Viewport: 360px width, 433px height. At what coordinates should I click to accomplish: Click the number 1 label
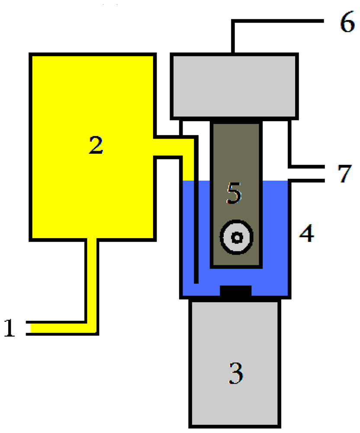click(x=10, y=328)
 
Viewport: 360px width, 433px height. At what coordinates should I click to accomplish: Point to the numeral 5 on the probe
click(x=234, y=194)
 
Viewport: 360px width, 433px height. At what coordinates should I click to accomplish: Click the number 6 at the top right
click(x=346, y=24)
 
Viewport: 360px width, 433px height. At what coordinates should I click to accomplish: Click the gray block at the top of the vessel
click(x=234, y=86)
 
